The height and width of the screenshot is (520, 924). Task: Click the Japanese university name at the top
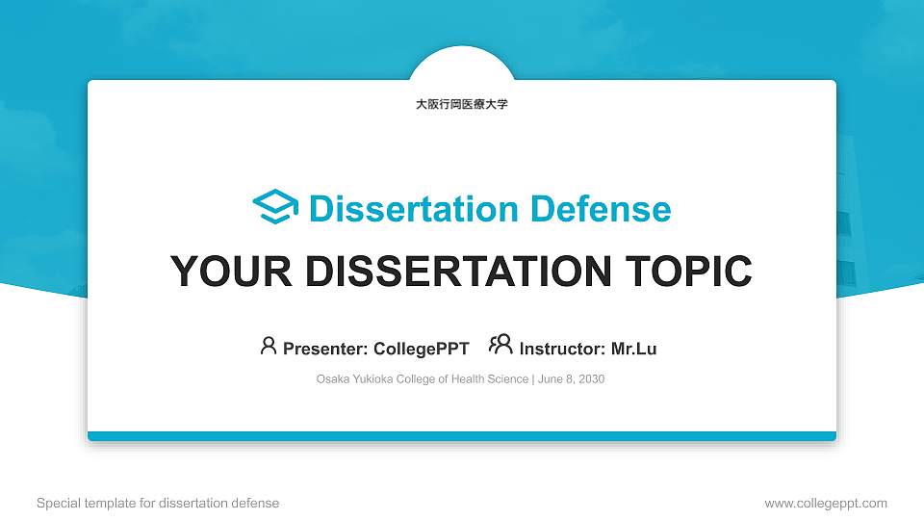(x=461, y=104)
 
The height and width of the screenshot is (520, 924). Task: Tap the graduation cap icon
(x=275, y=208)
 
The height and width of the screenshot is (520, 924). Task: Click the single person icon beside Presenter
(x=269, y=346)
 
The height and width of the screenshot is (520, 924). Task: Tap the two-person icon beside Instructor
(x=500, y=345)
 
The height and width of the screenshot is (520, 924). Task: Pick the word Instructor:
(x=562, y=349)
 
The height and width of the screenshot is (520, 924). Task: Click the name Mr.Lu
(x=634, y=349)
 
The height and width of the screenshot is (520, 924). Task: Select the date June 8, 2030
(x=572, y=379)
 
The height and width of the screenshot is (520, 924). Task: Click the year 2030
(x=590, y=379)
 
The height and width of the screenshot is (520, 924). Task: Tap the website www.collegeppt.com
(x=826, y=504)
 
